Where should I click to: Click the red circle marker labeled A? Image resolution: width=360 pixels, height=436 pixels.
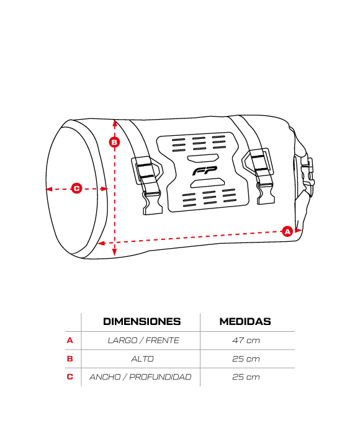click(287, 231)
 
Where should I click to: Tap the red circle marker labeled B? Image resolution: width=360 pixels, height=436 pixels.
click(114, 142)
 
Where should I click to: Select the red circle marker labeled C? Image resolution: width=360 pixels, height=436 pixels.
click(76, 189)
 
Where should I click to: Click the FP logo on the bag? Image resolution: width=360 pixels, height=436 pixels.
click(204, 171)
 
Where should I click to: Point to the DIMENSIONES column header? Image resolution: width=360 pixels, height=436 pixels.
click(142, 321)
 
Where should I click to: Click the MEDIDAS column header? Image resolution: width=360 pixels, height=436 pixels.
click(245, 321)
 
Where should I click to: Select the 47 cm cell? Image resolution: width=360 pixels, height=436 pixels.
click(246, 340)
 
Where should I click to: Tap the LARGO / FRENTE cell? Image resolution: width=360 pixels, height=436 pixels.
click(143, 340)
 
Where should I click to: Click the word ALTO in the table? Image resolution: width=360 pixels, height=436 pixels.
click(142, 358)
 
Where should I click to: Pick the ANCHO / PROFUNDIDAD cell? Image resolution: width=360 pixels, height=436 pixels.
click(140, 377)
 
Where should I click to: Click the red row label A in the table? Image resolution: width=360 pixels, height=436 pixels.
click(70, 340)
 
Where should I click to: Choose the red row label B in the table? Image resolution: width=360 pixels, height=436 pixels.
click(70, 358)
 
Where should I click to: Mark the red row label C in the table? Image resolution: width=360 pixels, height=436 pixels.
click(70, 377)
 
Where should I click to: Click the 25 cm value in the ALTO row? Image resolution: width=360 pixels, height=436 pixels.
click(246, 358)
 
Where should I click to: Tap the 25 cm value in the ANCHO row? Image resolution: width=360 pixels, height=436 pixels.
click(246, 377)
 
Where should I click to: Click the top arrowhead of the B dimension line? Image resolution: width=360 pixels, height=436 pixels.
click(114, 123)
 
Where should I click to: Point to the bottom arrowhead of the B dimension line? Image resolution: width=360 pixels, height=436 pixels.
click(114, 252)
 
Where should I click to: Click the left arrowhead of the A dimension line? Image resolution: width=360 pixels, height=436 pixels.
click(101, 243)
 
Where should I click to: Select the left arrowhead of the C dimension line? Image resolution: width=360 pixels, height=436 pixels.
click(49, 189)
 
